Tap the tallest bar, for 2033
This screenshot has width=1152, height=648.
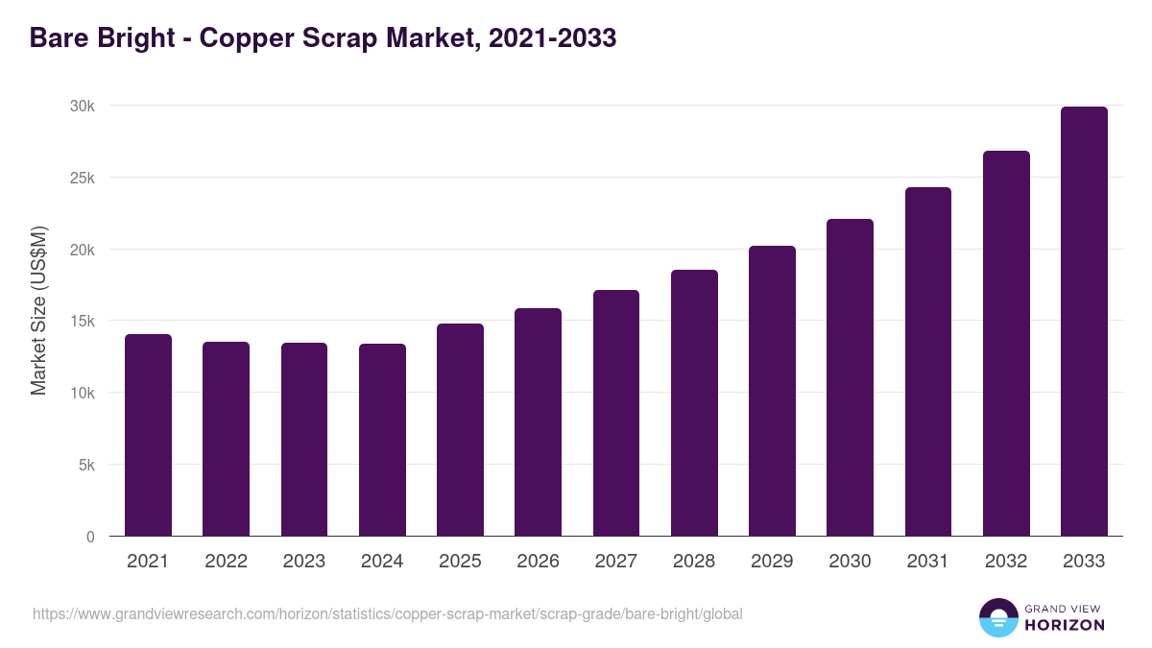coord(1084,322)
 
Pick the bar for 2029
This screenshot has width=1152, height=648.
coord(772,391)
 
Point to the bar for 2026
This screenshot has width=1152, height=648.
coord(538,422)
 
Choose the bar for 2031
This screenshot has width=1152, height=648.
coord(927,362)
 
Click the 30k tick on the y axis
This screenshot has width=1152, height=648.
coord(83,106)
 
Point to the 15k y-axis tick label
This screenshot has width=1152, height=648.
coord(83,321)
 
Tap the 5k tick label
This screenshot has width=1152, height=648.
coord(86,465)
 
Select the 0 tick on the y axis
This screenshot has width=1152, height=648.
coord(90,537)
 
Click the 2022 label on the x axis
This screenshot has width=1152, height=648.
coord(226,562)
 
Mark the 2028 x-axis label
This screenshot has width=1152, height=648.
coord(694,562)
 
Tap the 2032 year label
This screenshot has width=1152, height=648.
coord(1006,562)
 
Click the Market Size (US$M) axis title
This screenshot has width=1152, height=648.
coord(38,310)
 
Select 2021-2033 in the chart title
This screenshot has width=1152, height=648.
coord(552,38)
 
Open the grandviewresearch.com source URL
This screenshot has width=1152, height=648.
coord(387,613)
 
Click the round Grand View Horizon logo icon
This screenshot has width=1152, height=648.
coord(997,617)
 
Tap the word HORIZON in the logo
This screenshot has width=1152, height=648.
coord(1065,625)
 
